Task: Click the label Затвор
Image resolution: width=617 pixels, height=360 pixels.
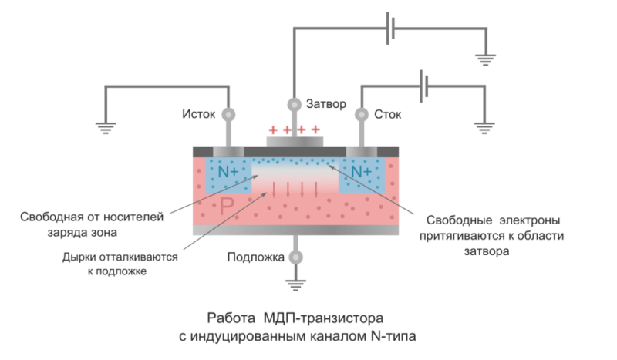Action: pos(326,104)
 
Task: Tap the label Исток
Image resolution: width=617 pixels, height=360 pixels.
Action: pos(199,115)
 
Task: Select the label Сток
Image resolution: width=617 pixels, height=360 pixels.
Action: pos(388,115)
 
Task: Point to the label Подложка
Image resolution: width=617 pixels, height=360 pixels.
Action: pos(256,257)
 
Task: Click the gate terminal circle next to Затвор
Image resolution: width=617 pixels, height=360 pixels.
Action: pos(294,105)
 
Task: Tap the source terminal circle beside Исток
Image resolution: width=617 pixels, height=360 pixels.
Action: pos(228,115)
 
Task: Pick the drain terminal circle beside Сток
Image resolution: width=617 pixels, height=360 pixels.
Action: pos(362,115)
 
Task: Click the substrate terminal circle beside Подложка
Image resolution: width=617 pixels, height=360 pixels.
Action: pos(296,257)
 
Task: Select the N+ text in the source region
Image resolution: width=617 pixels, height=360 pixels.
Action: pos(228,172)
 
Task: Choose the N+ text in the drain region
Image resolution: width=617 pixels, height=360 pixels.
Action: pos(361,172)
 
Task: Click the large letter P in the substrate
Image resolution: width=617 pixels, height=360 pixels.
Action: pos(227,205)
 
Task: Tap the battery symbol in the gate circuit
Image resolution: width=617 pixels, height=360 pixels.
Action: pos(390,29)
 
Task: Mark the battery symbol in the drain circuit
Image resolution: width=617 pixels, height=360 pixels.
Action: pos(423,86)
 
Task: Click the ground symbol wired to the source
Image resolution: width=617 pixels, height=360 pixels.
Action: pos(106,128)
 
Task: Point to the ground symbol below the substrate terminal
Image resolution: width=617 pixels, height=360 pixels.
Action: pos(295,285)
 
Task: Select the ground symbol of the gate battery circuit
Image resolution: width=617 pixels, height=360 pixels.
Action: pos(486,60)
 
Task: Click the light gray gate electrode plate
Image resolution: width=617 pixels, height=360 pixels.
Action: pos(295,142)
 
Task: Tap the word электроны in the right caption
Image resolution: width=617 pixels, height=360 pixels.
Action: pos(530,220)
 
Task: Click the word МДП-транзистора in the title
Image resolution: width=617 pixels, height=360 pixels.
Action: pos(323,318)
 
